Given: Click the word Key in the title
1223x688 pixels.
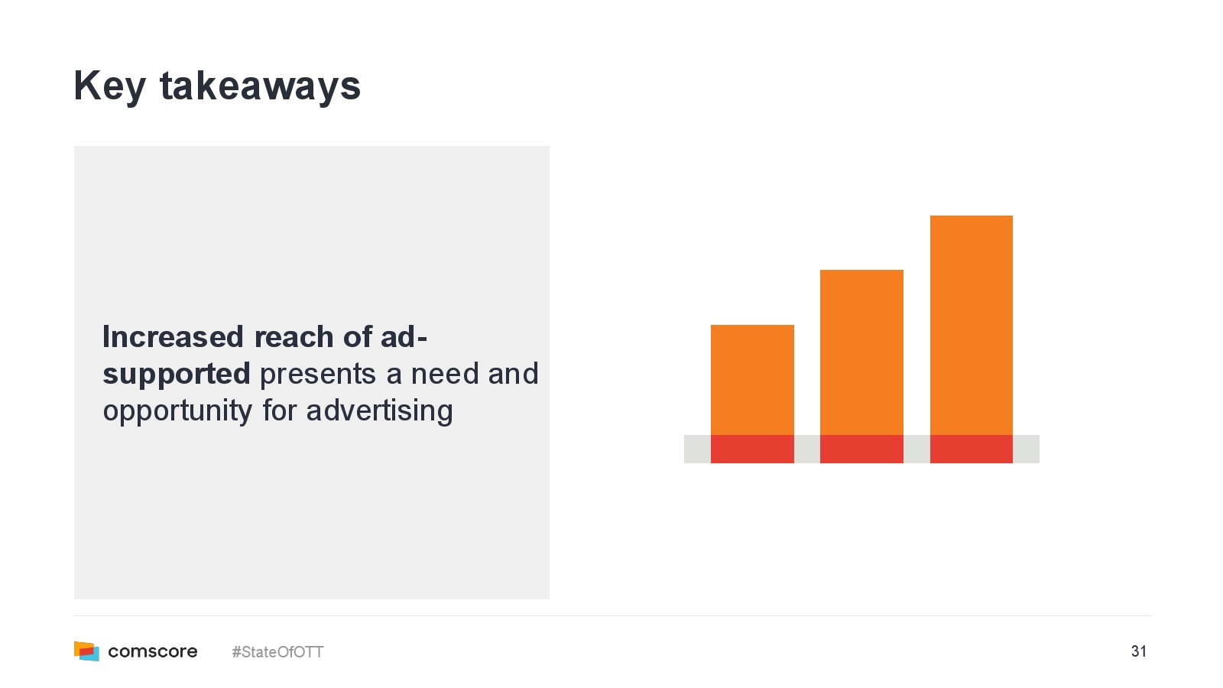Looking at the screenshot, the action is coord(110,87).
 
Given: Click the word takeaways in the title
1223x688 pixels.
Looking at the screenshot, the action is coord(261,86).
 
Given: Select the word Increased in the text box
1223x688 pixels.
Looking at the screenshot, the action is coord(173,336).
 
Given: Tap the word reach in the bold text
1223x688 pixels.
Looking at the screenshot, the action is coord(294,336).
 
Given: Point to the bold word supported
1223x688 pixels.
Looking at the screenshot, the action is coord(177,375).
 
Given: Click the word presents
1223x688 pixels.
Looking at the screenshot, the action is coord(318,375).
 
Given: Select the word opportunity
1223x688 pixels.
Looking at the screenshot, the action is coord(178,412).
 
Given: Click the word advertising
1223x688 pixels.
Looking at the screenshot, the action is coord(379,412).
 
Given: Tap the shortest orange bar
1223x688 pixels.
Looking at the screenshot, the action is coord(752,380).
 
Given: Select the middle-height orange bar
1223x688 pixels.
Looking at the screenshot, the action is coord(861,352).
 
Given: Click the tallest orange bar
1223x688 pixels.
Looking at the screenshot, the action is coord(972,326).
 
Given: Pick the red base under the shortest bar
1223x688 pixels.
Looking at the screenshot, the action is coord(752,449).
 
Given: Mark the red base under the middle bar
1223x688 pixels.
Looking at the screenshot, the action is coord(861,449).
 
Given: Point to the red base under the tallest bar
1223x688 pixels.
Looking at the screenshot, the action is coord(972,449).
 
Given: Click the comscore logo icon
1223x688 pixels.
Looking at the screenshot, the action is coord(87,651).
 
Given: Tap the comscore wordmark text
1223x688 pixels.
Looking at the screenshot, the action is coord(153,651).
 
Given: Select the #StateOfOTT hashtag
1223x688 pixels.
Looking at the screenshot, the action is coord(277,652).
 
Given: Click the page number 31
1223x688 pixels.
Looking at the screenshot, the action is coord(1138,651).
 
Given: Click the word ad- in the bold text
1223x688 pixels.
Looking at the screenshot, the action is coord(404,336).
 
